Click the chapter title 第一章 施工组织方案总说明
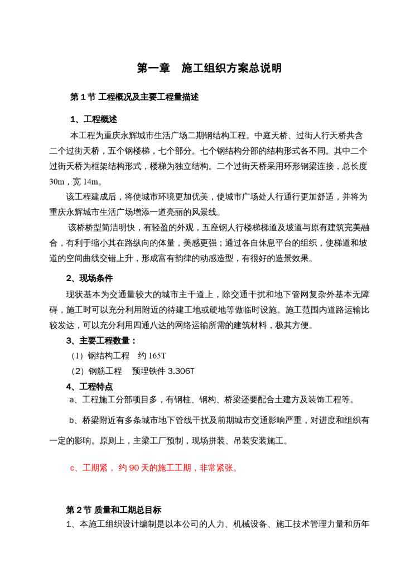(x=209, y=69)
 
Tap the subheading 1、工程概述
(x=94, y=119)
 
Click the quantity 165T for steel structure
(x=155, y=356)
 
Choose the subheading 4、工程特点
(x=90, y=386)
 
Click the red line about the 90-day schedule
(x=154, y=468)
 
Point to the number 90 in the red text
(x=133, y=468)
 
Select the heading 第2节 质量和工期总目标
(x=114, y=509)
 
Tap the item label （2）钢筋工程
(x=95, y=371)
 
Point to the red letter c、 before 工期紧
(x=74, y=468)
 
